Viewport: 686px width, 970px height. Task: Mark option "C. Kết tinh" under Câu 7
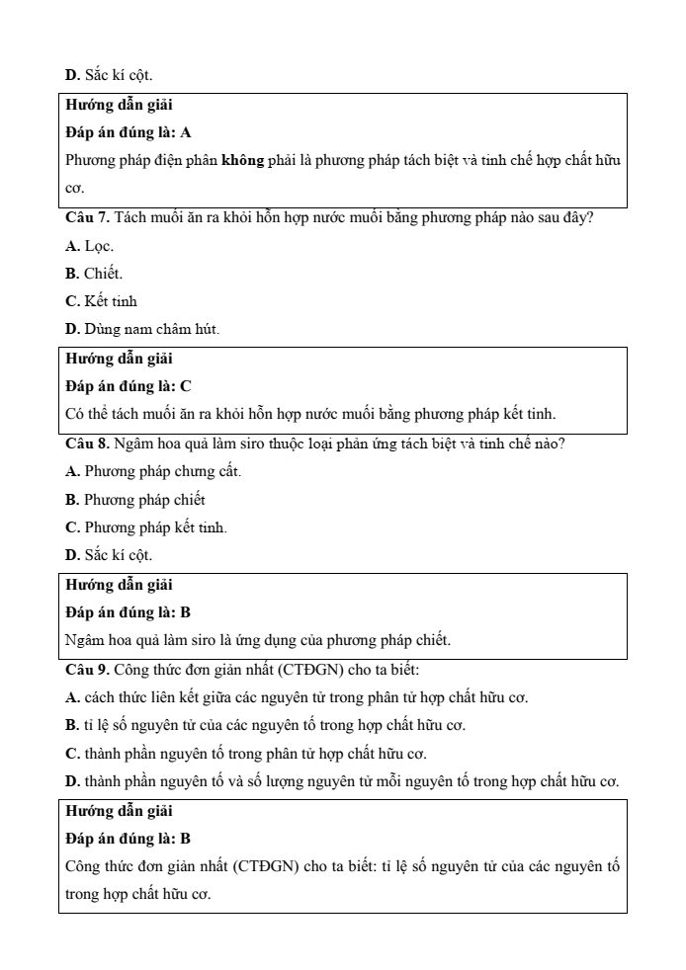(101, 300)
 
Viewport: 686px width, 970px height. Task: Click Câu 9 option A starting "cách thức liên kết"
(297, 698)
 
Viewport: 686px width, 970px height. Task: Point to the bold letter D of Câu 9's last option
(71, 781)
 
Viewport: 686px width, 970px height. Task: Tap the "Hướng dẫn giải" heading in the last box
(119, 811)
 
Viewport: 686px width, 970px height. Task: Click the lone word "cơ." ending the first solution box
(75, 187)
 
